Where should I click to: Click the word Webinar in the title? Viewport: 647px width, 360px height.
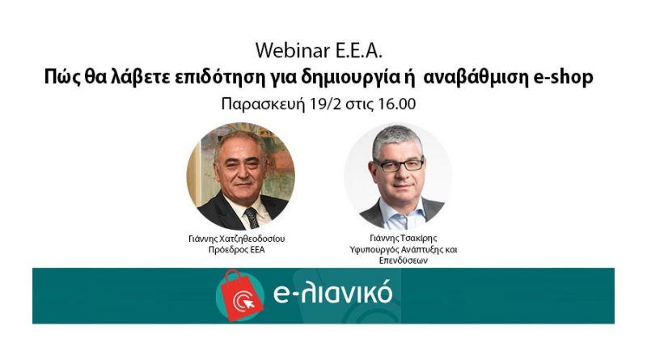pos(293,51)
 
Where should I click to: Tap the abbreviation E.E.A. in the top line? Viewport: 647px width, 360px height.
pos(358,51)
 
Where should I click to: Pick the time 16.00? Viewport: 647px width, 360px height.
pos(396,104)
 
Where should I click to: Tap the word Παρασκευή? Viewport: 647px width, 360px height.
pos(263,104)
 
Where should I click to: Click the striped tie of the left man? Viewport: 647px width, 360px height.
pos(252,218)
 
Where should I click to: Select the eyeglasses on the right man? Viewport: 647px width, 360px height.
pos(398,165)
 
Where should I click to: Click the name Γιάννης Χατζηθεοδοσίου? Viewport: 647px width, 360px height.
pos(236,239)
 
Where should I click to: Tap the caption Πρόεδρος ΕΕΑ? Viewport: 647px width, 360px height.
pos(236,250)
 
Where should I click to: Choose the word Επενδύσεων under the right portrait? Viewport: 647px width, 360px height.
pos(403,260)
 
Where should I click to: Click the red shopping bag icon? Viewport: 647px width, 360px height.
pos(242,295)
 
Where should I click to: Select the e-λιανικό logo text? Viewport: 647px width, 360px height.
pos(332,293)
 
